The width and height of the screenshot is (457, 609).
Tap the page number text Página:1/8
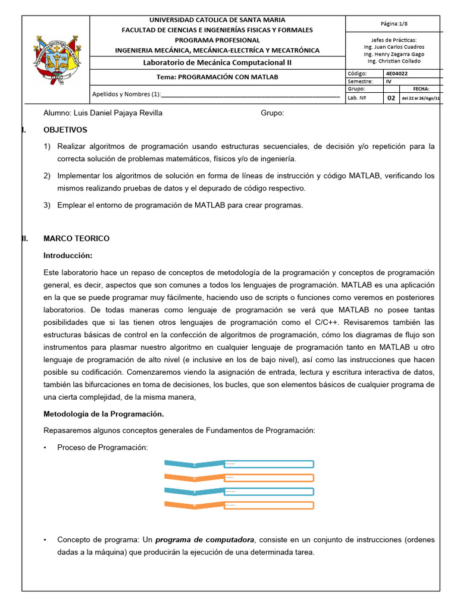[394, 24]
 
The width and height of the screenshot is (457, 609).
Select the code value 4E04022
[398, 73]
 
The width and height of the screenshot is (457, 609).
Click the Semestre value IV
[389, 81]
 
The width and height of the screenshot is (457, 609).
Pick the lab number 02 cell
[391, 98]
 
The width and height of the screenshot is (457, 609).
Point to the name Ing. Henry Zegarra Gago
[394, 54]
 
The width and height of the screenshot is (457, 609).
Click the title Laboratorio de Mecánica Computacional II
[218, 62]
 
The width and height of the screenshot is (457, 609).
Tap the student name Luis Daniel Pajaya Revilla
[102, 113]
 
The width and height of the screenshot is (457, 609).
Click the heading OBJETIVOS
[65, 130]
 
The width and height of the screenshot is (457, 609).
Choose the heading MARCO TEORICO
[77, 238]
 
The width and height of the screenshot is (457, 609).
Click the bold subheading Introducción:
[68, 255]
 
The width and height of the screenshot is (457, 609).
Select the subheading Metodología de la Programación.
[104, 413]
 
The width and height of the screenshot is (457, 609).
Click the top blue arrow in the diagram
[194, 464]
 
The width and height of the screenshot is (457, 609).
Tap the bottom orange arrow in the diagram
[194, 505]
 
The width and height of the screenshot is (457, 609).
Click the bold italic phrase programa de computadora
[205, 539]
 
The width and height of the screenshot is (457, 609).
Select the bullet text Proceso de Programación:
[102, 447]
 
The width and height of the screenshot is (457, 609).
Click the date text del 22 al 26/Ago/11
[420, 99]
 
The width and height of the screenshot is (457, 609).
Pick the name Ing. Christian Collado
[394, 61]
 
